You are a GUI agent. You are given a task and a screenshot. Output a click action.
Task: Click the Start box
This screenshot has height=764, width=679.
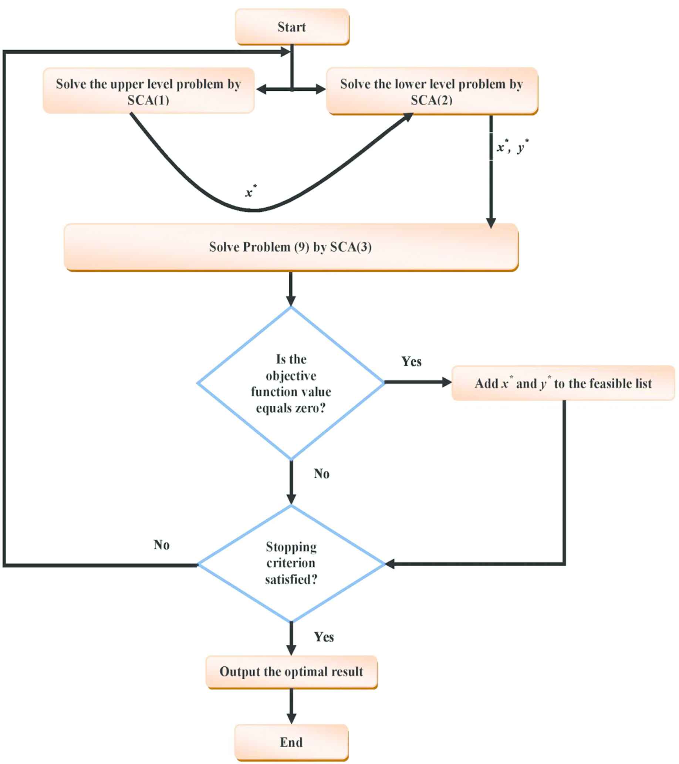292,27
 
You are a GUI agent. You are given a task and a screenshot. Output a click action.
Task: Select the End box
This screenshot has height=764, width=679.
291,742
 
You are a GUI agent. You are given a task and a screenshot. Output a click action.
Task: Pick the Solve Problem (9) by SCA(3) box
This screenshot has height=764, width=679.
291,247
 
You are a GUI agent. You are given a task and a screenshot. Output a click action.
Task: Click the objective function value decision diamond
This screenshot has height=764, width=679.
291,383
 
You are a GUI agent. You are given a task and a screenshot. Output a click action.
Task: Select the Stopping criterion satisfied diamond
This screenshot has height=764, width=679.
291,563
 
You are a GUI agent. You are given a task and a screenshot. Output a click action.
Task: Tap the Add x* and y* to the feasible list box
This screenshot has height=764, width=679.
563,383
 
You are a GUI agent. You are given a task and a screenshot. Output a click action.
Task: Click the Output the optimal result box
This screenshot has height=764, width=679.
291,672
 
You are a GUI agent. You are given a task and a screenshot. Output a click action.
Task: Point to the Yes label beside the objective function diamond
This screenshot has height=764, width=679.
412,361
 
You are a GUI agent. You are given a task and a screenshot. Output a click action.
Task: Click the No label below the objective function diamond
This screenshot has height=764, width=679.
322,474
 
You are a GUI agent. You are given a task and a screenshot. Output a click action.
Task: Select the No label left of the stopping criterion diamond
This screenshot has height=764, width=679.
161,545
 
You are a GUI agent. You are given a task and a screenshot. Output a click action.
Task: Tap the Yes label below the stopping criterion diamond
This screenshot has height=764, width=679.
324,637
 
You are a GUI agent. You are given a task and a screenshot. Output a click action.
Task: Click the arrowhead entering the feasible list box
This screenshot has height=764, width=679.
446,382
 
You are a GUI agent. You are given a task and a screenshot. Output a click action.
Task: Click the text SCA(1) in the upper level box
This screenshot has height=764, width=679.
148,100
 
